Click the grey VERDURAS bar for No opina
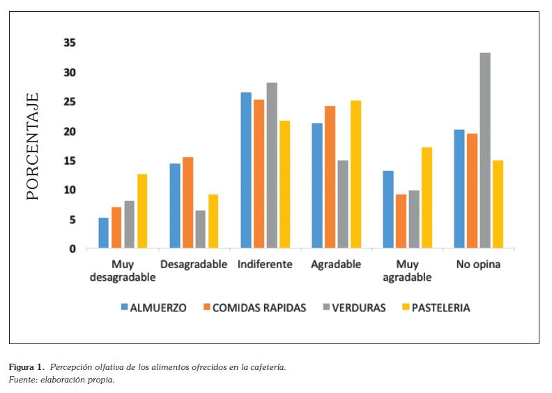coord(485,151)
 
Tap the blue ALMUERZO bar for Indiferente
coord(246,170)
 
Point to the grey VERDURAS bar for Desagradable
coord(201,230)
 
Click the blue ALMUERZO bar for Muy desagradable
coord(104,233)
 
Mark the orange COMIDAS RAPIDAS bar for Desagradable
coord(188,203)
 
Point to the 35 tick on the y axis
coord(70,43)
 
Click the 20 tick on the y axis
coord(70,131)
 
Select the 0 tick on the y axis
coord(72,249)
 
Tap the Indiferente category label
coord(264,265)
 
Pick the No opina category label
coord(478,265)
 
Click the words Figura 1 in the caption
coord(26,367)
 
